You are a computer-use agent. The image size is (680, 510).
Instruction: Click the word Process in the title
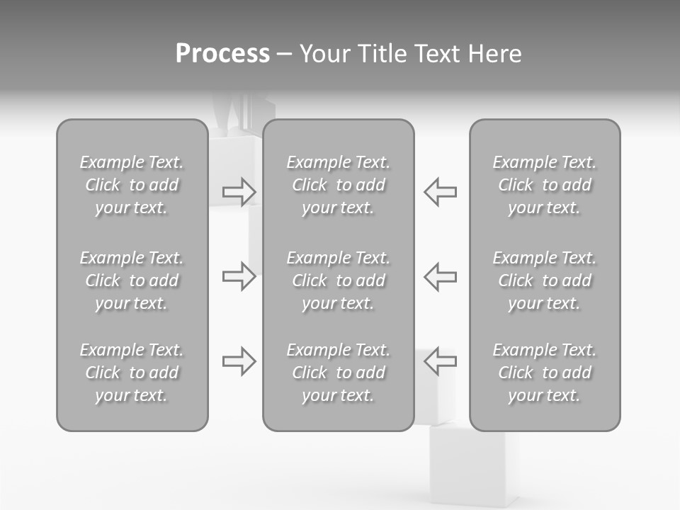222,54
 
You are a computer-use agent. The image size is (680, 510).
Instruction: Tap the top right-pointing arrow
239,191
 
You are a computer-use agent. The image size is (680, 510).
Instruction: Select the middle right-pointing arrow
239,276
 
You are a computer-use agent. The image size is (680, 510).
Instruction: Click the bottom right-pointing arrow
239,361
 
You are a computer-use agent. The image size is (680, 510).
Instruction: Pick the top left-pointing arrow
440,191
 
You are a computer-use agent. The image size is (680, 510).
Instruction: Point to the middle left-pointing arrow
440,276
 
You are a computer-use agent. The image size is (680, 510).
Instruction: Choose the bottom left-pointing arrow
440,361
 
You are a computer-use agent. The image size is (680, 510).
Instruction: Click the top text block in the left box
132,185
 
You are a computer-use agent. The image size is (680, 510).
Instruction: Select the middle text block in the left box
132,280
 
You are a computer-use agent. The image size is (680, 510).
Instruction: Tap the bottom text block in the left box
132,373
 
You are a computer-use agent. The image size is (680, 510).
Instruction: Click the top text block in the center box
339,185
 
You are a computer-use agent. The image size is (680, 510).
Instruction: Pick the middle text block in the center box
339,280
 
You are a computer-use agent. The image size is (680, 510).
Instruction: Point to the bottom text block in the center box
339,373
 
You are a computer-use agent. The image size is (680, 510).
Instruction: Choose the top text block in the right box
545,185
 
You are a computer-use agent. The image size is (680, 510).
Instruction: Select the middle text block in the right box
545,280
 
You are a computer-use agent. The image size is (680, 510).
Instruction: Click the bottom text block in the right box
545,373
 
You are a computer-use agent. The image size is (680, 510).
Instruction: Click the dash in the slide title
284,55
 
